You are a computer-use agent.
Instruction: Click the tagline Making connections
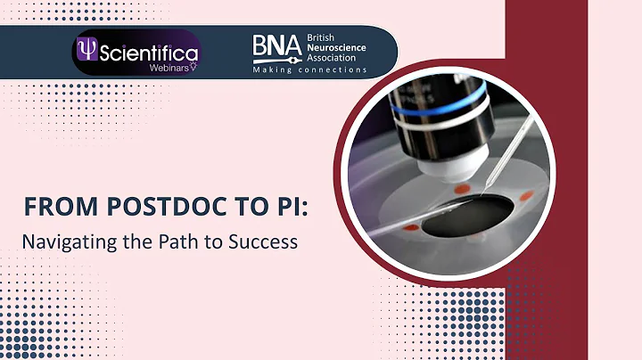[309, 70]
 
